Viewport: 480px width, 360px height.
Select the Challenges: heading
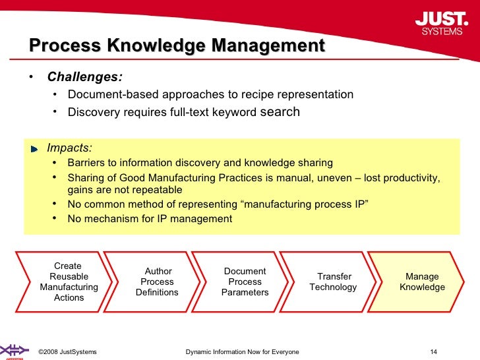84,76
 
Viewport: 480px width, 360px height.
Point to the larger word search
280,111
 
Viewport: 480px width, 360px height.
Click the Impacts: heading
69,148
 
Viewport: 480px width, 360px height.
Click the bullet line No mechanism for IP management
150,219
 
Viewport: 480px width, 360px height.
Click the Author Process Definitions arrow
158,282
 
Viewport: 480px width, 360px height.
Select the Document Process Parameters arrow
245,282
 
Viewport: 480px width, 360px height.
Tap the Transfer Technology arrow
334,282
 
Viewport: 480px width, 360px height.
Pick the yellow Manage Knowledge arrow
422,282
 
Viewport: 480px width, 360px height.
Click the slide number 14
433,351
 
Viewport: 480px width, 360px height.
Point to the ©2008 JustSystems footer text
68,351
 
